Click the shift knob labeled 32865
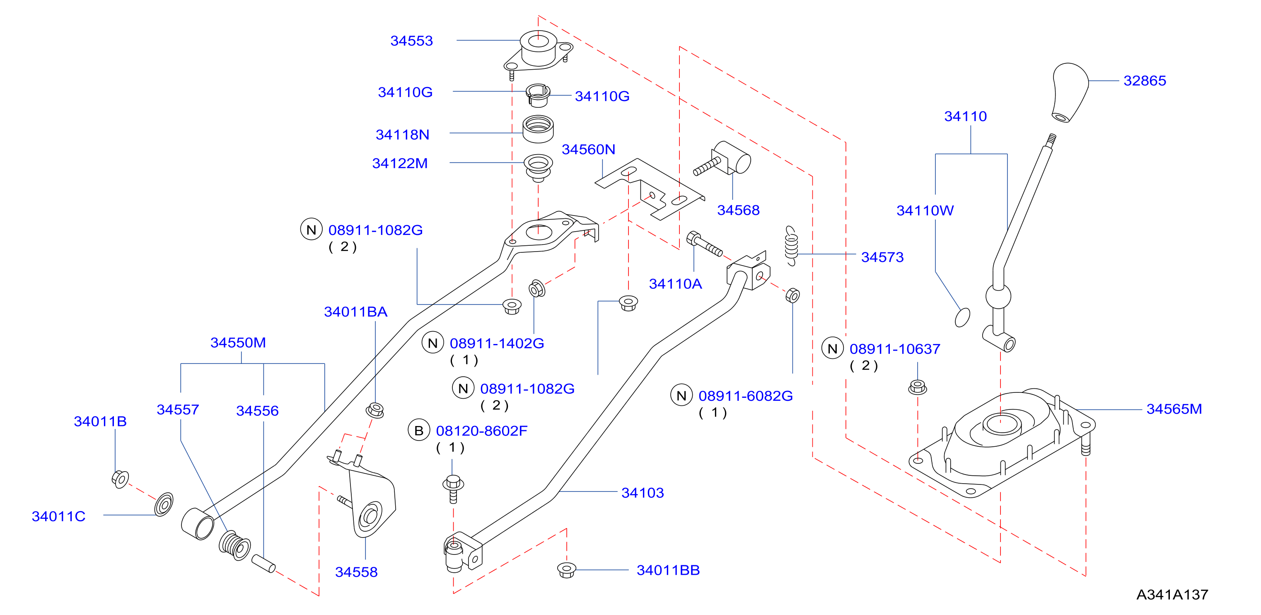pos(1070,92)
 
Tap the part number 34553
pos(411,41)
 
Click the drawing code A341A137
pos(1172,594)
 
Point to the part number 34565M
pos(1174,409)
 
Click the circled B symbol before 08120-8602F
pos(418,431)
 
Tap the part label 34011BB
pos(668,570)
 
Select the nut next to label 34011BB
pos(566,570)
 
